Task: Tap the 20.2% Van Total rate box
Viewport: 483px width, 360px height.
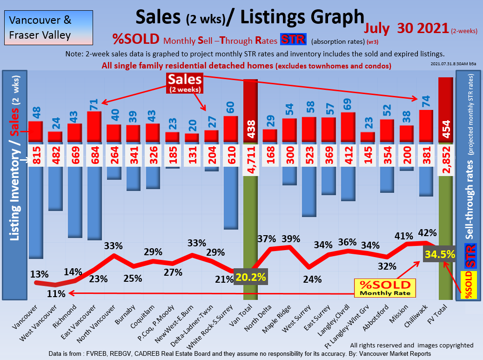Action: coord(251,277)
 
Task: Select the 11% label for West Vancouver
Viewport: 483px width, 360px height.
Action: coord(56,294)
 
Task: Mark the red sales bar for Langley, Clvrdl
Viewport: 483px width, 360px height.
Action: coord(348,127)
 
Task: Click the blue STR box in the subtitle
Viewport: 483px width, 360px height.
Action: coord(293,40)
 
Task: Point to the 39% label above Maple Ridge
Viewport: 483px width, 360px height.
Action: coord(290,238)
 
